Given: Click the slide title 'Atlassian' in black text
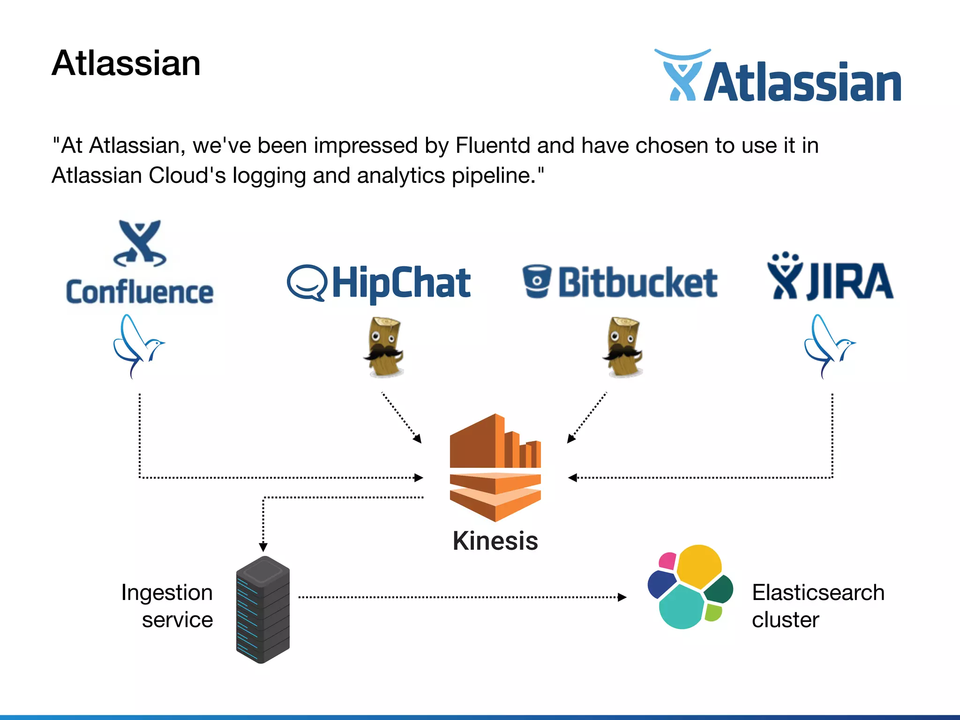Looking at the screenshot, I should tap(126, 63).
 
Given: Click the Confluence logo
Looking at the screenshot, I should tap(140, 263).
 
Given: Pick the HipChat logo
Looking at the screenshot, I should tap(379, 283).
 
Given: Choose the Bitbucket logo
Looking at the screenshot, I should tap(620, 282).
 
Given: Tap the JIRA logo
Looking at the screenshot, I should tap(830, 277).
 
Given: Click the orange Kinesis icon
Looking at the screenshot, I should tap(495, 467).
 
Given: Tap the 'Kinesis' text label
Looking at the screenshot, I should tap(495, 541).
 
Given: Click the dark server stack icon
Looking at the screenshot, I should tap(263, 609).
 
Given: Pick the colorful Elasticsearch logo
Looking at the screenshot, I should tap(689, 587).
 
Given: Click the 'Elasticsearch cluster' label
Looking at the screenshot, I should tap(817, 606).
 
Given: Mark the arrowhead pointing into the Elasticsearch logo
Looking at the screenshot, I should tap(622, 597).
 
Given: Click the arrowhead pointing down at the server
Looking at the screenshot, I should tap(263, 547).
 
